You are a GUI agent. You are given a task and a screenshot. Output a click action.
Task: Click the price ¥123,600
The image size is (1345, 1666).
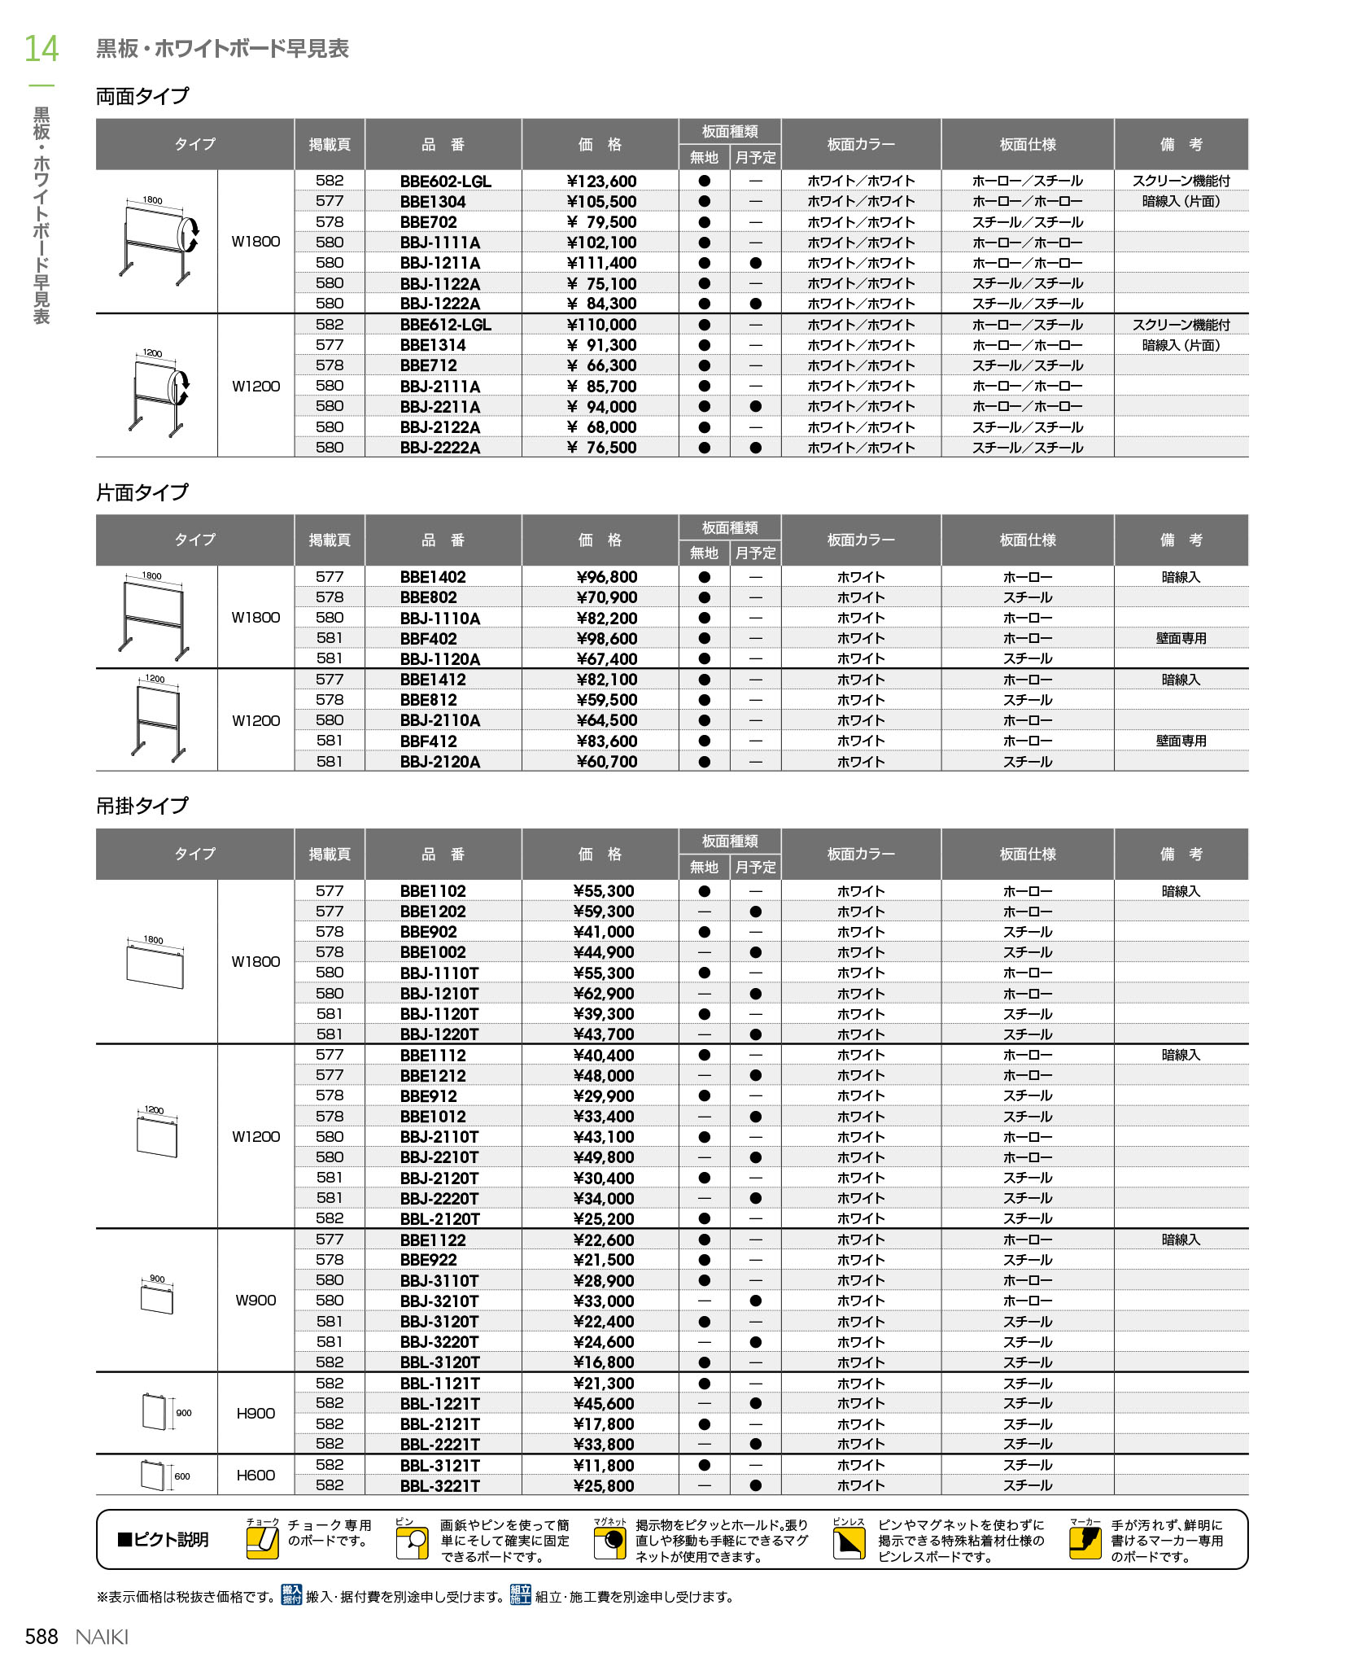click(x=601, y=181)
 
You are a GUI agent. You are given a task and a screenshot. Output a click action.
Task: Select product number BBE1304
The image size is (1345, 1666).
click(x=433, y=202)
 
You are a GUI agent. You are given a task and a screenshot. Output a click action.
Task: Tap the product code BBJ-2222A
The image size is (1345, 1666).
click(x=440, y=448)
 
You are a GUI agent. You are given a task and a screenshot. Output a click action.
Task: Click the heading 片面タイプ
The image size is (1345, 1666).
click(x=142, y=492)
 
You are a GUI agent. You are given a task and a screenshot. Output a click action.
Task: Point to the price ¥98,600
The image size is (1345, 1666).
click(x=606, y=639)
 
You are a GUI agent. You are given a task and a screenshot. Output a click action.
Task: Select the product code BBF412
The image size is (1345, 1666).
click(x=429, y=741)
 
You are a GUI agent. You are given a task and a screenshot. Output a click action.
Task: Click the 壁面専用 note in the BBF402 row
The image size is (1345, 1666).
click(x=1181, y=639)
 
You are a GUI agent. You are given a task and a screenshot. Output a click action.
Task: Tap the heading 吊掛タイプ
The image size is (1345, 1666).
click(x=142, y=806)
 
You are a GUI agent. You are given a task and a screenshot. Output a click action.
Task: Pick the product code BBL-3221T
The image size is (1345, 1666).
click(x=440, y=1485)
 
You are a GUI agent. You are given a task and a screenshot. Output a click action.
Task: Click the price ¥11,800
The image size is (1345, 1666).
click(x=603, y=1465)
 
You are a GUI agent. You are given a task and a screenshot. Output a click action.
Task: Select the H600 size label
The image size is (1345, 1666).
click(x=255, y=1475)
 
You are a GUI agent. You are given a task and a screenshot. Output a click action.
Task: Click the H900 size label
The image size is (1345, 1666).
click(x=255, y=1413)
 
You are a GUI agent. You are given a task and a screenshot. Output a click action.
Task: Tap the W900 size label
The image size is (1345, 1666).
click(x=255, y=1300)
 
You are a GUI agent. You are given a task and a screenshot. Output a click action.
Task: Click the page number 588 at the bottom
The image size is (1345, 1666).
click(x=41, y=1636)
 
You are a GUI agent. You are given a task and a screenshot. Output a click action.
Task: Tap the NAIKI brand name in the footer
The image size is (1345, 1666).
click(x=102, y=1637)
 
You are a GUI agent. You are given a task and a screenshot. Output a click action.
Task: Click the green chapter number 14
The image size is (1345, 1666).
click(x=41, y=49)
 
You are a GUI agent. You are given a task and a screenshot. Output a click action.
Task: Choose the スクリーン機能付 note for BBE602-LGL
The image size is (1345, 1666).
click(x=1181, y=181)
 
